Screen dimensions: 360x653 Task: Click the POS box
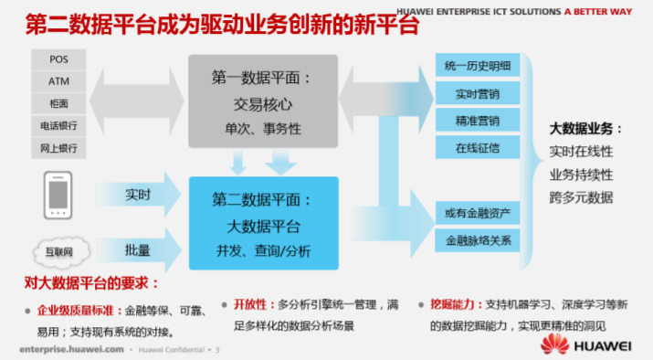(58, 59)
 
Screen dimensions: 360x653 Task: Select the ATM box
(58, 81)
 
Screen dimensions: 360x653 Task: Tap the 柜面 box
(58, 103)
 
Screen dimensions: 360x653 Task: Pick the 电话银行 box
(58, 125)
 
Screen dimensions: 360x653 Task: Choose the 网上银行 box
(58, 147)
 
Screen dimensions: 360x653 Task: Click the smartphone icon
(58, 195)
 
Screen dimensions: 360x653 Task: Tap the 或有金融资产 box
(477, 214)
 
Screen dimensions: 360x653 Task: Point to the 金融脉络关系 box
(477, 241)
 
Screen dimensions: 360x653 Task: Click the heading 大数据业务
(585, 128)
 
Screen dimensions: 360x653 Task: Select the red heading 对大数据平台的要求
(86, 283)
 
